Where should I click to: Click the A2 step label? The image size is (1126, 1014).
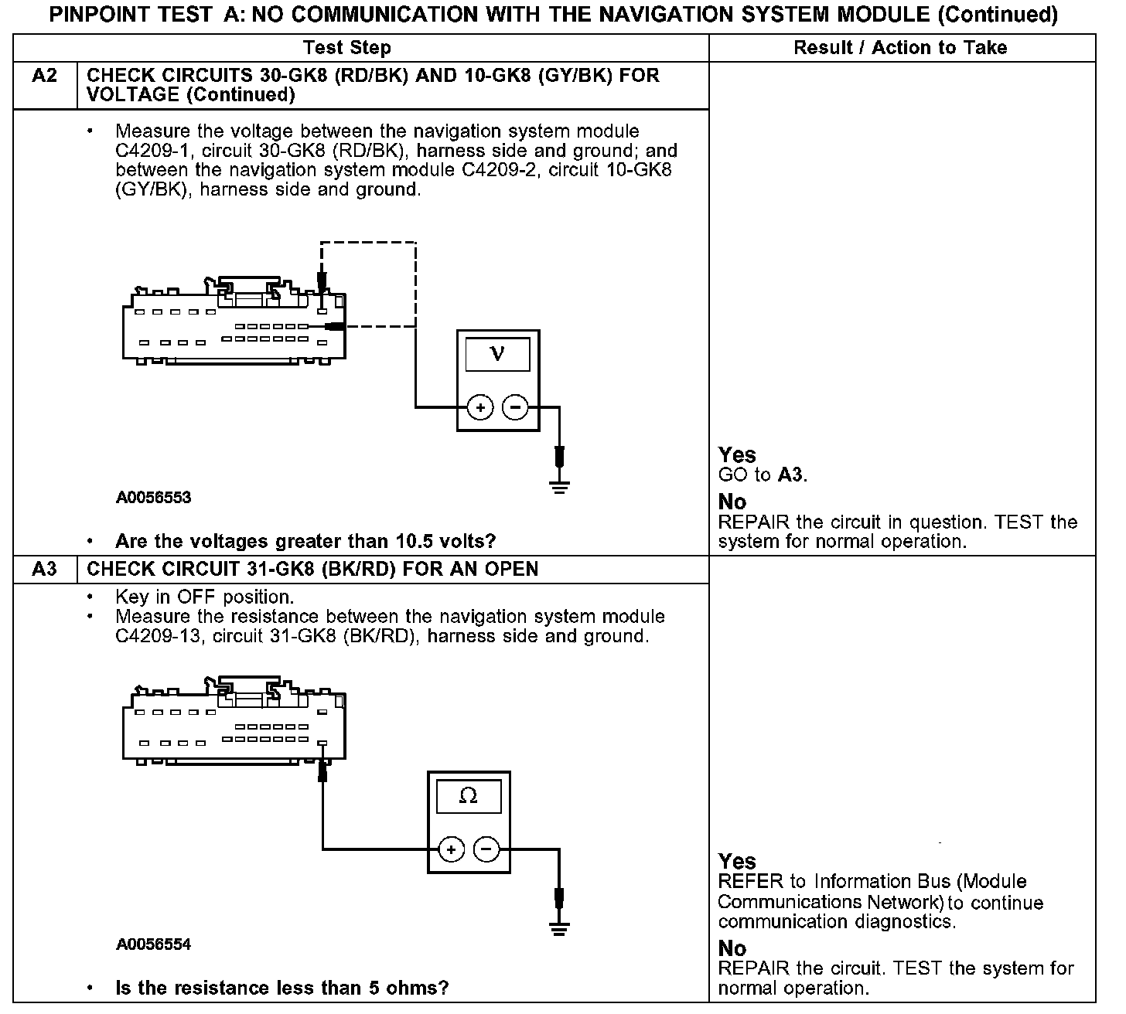click(45, 77)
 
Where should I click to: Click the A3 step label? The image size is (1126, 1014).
click(45, 570)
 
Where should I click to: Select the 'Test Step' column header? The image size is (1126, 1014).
click(347, 48)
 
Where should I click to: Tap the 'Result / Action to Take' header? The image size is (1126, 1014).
click(900, 48)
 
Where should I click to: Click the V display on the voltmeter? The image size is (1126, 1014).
click(497, 355)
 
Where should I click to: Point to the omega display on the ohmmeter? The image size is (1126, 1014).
click(468, 796)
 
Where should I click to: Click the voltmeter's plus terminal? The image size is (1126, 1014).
click(480, 407)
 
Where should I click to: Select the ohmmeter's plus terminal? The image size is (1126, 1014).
click(451, 849)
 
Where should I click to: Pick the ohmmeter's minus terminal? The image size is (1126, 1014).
click(486, 849)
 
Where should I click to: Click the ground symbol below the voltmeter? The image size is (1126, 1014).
click(560, 486)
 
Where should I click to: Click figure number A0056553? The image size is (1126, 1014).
click(154, 498)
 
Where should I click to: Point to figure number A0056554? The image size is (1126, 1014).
click(154, 944)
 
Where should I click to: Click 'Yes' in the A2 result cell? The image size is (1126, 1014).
click(737, 454)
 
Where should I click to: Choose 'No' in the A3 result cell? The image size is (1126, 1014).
click(732, 948)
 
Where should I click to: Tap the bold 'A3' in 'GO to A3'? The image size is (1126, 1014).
click(791, 475)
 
